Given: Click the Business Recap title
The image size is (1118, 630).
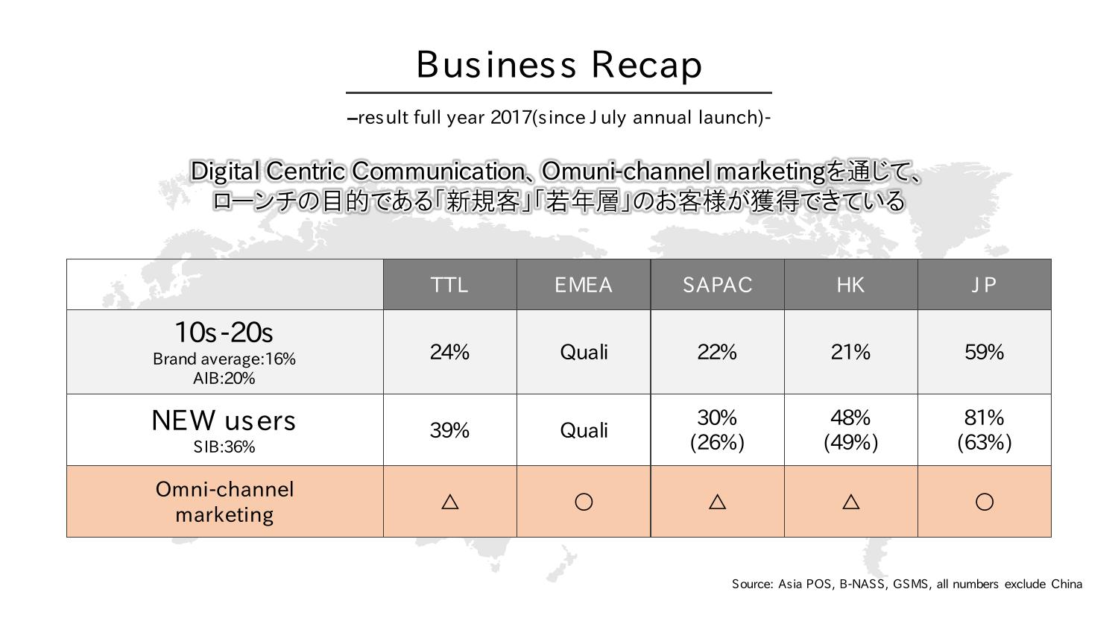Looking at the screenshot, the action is click(x=559, y=65).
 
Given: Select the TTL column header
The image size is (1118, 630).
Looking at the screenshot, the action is click(x=449, y=285).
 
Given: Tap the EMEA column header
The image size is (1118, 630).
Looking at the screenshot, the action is click(x=584, y=285).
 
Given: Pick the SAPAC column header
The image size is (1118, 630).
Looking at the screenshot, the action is click(x=717, y=285).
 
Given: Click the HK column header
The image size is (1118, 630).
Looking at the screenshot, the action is click(x=850, y=285).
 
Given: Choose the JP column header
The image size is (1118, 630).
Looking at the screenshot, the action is click(x=984, y=285).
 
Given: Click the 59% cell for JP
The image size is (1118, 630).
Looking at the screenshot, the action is click(x=985, y=352).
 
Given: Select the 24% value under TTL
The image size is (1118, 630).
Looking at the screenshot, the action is click(x=449, y=352).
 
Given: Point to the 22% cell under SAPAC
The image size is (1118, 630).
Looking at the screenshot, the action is click(x=717, y=352).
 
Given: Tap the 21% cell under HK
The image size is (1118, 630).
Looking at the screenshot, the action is click(x=850, y=352).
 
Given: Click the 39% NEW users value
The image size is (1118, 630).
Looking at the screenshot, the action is click(x=449, y=430).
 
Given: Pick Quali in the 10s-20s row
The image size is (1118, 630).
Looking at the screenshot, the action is click(x=584, y=352).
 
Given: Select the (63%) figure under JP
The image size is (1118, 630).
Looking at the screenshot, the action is click(x=985, y=442).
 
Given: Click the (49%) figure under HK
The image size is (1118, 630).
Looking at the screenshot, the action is click(x=850, y=442).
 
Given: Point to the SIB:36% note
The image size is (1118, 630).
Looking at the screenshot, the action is click(x=224, y=447).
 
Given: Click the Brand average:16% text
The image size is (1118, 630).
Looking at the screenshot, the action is click(x=224, y=359).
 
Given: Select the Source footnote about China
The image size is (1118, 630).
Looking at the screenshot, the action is click(x=907, y=584).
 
